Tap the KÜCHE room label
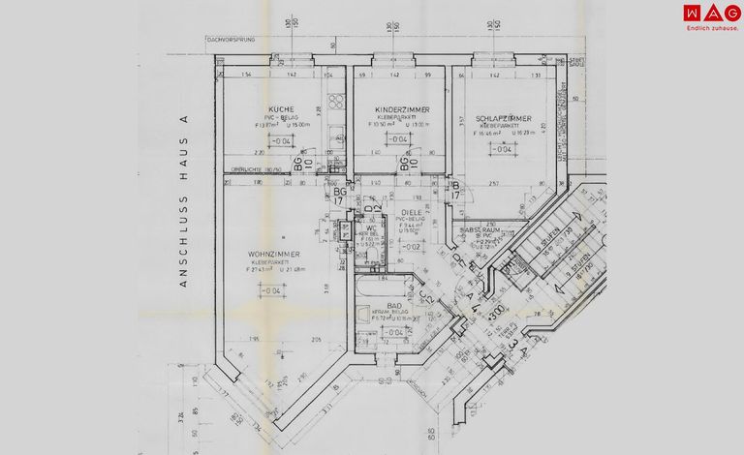pyautogui.click(x=281, y=108)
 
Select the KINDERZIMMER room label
pyautogui.click(x=397, y=108)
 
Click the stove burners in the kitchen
pyautogui.click(x=336, y=102)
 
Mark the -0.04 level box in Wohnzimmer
pyautogui.click(x=272, y=290)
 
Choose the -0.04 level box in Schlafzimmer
pyautogui.click(x=502, y=149)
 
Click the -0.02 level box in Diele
pyautogui.click(x=411, y=247)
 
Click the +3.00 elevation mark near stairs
pyautogui.click(x=496, y=314)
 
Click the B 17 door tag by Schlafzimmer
pyautogui.click(x=455, y=190)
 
